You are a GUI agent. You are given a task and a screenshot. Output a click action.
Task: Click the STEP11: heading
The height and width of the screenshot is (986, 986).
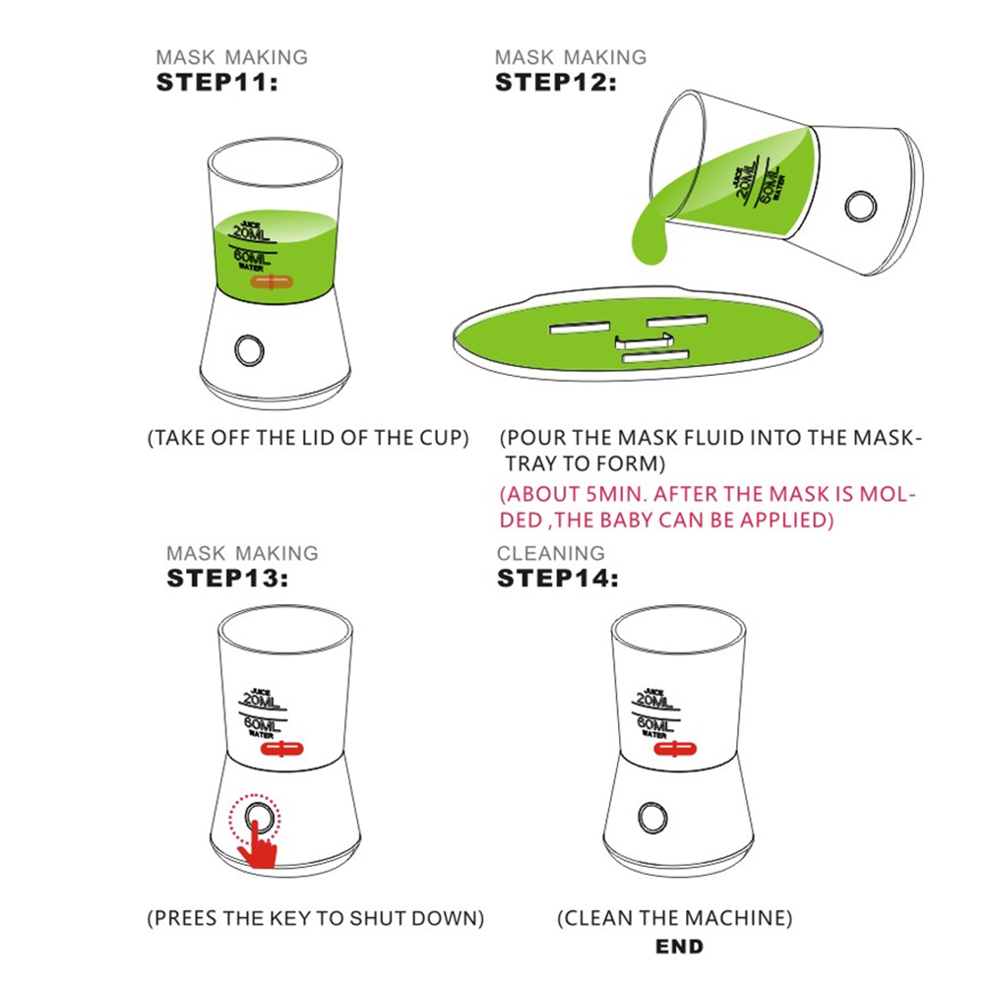point(216,83)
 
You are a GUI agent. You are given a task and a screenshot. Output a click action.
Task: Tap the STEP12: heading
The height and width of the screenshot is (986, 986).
point(556,83)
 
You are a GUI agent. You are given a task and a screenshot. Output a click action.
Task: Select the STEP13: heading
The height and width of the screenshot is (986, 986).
point(227,578)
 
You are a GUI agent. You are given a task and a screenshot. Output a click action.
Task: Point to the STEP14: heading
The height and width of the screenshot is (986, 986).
point(558,578)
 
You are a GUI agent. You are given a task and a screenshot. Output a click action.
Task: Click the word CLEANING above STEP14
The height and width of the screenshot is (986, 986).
point(551,553)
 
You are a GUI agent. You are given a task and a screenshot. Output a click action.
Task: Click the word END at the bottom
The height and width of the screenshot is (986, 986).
point(679,947)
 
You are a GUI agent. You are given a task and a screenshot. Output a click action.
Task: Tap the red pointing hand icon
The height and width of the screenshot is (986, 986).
point(258,844)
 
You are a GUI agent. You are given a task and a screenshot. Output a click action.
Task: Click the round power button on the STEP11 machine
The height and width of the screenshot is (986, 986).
point(249,350)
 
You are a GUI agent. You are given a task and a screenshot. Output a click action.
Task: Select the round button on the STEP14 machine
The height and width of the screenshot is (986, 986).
point(652,818)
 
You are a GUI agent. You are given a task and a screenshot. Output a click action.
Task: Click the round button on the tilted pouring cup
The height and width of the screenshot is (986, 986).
point(860,206)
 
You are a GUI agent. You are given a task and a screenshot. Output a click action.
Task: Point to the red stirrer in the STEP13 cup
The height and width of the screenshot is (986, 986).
point(281,749)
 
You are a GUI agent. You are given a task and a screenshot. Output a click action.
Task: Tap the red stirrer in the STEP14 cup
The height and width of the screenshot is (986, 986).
point(675,749)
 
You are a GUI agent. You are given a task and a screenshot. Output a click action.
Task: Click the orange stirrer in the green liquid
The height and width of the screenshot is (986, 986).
point(271,281)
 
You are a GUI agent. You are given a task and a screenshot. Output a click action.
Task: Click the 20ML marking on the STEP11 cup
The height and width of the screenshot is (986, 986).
point(252,233)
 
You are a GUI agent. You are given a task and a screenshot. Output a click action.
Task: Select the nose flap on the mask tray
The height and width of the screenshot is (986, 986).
point(644,341)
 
